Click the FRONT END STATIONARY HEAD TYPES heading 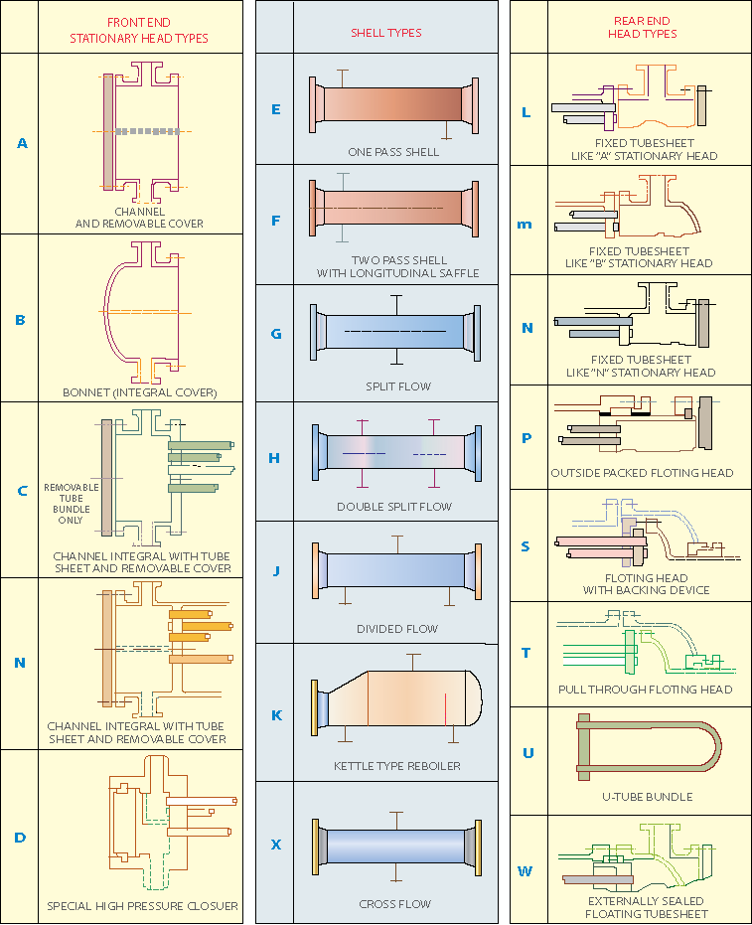click(139, 30)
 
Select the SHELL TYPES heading click(385, 33)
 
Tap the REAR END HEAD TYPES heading click(642, 27)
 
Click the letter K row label click(276, 714)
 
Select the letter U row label click(527, 752)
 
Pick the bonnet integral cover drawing click(144, 311)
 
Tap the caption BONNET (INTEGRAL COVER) click(140, 392)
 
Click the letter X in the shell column click(276, 845)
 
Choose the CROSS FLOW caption click(394, 904)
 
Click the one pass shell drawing click(394, 103)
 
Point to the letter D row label click(20, 837)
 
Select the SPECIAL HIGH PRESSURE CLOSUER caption click(142, 906)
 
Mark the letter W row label click(526, 871)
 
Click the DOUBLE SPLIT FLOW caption click(394, 507)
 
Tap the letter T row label click(526, 653)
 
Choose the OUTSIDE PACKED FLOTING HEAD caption click(642, 473)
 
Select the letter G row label click(276, 333)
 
